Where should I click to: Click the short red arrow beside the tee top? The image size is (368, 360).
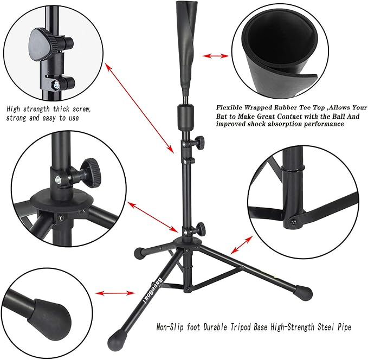click(216, 56)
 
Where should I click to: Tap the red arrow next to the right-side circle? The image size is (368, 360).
click(240, 243)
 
